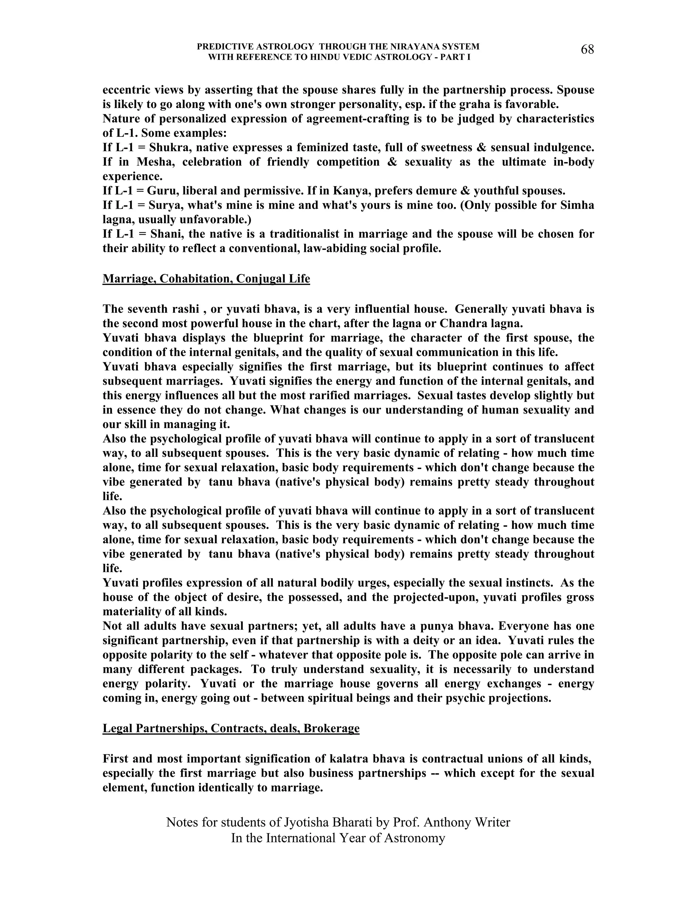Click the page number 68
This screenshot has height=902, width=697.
click(587, 50)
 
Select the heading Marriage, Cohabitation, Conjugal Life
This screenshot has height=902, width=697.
click(206, 279)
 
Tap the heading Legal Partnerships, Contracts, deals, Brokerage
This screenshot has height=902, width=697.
click(231, 728)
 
